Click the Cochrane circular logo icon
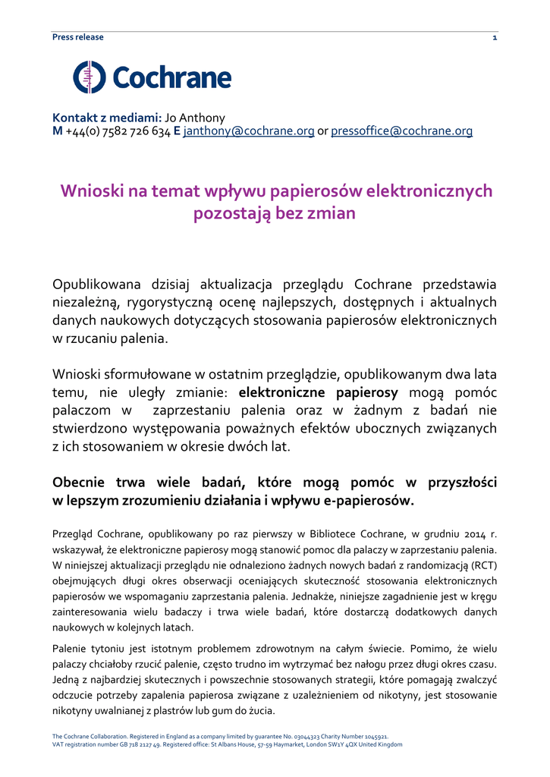tap(90, 77)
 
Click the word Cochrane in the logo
tap(172, 77)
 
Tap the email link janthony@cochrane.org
tap(249, 131)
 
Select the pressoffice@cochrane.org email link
tap(401, 131)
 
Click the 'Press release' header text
tap(77, 37)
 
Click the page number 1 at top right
tap(495, 37)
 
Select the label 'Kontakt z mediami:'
tap(107, 118)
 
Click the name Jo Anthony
tap(195, 118)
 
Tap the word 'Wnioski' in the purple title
tap(93, 191)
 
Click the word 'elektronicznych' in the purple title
tap(429, 191)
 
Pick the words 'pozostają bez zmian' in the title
tap(275, 213)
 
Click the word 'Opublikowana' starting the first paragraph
tap(96, 285)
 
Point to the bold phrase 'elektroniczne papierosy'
tap(319, 392)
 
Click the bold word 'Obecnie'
tap(83, 482)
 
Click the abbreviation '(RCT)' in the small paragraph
tap(483, 565)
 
